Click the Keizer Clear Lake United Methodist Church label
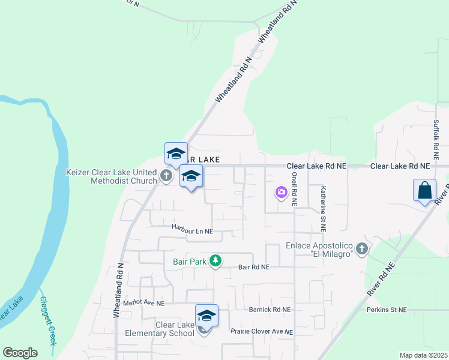111,176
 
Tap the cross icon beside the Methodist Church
166,176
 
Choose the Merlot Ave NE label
143,304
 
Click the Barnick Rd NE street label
270,310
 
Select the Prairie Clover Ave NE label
262,331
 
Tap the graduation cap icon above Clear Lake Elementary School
206,315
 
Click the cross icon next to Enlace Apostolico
361,248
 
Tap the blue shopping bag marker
424,190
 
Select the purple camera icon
281,193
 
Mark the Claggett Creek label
48,320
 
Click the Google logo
20,353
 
